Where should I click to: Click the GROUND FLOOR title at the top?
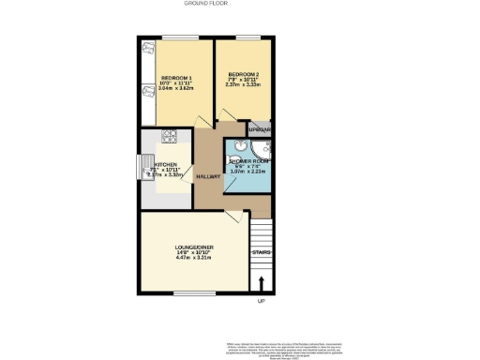pyautogui.click(x=239, y=4)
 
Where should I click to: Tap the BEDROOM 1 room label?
pyautogui.click(x=176, y=77)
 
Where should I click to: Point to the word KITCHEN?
pyautogui.click(x=165, y=161)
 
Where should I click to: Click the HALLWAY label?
pyautogui.click(x=208, y=175)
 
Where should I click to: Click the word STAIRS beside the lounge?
pyautogui.click(x=262, y=251)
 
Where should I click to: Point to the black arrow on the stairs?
pyautogui.click(x=262, y=281)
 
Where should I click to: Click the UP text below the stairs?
pyautogui.click(x=262, y=301)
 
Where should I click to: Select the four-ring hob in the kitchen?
pyautogui.click(x=171, y=136)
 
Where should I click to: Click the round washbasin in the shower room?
pyautogui.click(x=241, y=145)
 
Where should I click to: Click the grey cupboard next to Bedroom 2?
pyautogui.click(x=259, y=128)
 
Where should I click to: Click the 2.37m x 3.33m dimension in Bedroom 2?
pyautogui.click(x=242, y=84)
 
